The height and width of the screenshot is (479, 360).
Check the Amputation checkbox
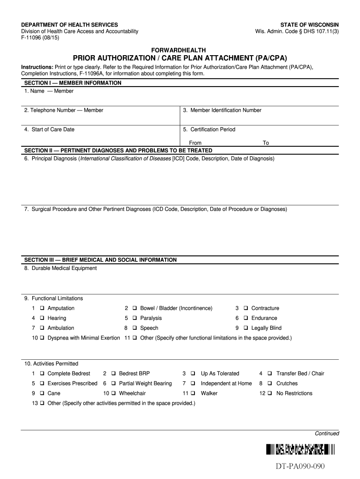[x=43, y=308]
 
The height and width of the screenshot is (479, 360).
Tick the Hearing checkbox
[x=43, y=318]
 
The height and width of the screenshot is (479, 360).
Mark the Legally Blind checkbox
[x=246, y=328]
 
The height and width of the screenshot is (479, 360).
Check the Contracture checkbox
[x=246, y=308]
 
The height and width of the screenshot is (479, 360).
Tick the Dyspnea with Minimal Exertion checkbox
[x=43, y=338]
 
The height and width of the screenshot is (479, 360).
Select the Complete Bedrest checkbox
[x=43, y=374]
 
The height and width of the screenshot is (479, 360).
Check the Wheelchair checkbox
[x=114, y=393]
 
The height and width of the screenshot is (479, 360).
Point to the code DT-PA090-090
[x=300, y=467]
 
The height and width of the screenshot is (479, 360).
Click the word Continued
[x=326, y=434]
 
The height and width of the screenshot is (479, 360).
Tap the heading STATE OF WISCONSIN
[x=310, y=24]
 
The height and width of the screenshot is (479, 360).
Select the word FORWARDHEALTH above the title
[x=180, y=50]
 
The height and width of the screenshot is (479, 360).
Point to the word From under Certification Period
[x=195, y=143]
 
